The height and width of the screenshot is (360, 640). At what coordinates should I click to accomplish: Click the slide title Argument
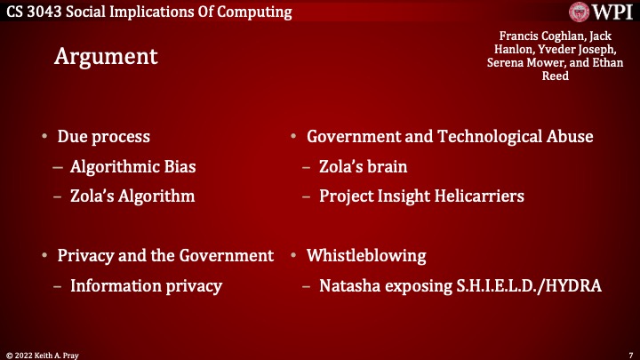click(x=106, y=56)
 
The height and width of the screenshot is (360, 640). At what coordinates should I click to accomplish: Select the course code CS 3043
click(x=35, y=12)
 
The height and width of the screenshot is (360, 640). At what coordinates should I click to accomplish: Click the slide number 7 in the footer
click(x=629, y=354)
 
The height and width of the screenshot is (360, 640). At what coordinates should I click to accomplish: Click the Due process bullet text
click(x=103, y=137)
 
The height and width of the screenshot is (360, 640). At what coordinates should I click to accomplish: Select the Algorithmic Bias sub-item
click(x=133, y=166)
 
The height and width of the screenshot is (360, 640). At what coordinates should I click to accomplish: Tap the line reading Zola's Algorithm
click(x=132, y=195)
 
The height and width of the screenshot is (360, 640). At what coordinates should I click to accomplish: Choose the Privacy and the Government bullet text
click(x=165, y=256)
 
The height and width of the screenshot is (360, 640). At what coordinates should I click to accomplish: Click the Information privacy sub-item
click(x=146, y=285)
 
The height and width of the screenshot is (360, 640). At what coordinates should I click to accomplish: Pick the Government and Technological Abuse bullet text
click(x=450, y=137)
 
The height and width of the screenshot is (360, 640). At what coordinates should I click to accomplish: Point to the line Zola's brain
click(x=364, y=166)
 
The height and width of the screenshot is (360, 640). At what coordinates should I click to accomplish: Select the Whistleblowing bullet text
click(x=366, y=256)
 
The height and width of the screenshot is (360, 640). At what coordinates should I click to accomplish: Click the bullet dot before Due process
click(x=44, y=138)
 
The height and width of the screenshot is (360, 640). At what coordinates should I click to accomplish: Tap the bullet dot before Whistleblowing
click(x=293, y=256)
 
